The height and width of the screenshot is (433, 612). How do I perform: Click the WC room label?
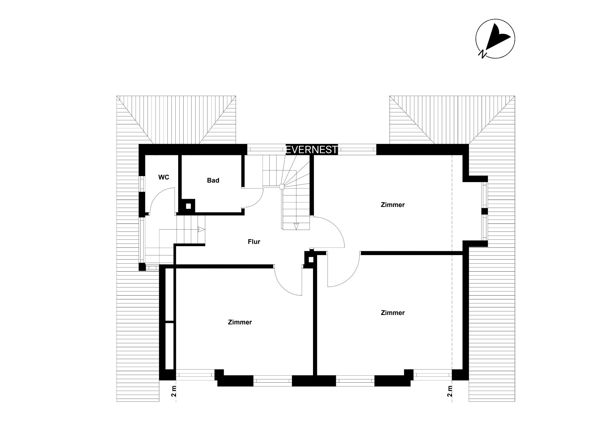click(x=164, y=177)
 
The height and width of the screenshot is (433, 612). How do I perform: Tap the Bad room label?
click(x=213, y=180)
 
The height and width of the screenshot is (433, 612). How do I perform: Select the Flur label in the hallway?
click(x=254, y=242)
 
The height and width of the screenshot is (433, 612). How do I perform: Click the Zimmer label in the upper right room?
click(x=393, y=205)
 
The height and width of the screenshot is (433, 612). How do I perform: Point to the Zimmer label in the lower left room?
click(x=240, y=322)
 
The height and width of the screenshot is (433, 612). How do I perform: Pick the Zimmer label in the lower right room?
click(x=393, y=313)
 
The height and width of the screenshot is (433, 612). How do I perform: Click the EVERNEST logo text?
click(x=312, y=150)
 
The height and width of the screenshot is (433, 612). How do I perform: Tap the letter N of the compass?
click(x=482, y=54)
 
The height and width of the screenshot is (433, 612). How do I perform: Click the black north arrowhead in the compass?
click(x=497, y=37)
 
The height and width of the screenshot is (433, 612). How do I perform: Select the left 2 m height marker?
click(x=174, y=391)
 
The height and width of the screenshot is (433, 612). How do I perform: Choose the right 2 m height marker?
click(x=449, y=391)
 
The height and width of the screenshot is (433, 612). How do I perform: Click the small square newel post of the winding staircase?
click(x=282, y=187)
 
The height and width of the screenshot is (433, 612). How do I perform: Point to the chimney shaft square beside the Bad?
click(x=188, y=206)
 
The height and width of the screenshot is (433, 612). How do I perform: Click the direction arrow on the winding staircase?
click(x=296, y=226)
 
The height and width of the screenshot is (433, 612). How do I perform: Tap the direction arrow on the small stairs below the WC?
click(x=201, y=229)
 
